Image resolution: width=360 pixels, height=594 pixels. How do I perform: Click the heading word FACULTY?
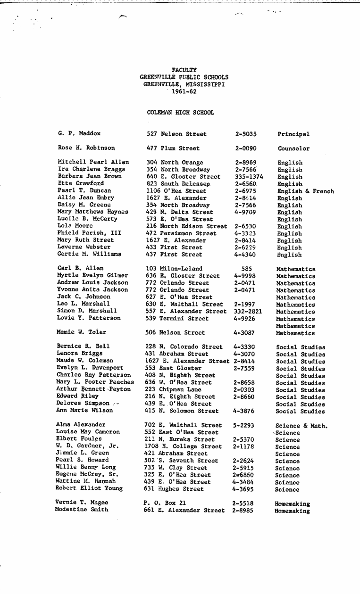(x=184, y=70)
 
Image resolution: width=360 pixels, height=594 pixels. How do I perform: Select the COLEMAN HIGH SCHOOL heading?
(x=180, y=113)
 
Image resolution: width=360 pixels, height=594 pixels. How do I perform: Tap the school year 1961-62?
(x=184, y=91)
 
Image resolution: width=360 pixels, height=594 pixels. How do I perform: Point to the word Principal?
(x=293, y=134)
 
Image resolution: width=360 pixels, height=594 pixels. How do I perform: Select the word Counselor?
(x=293, y=148)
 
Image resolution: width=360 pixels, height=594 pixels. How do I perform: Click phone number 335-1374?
(x=249, y=177)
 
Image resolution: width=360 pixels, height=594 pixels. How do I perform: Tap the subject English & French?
(x=305, y=191)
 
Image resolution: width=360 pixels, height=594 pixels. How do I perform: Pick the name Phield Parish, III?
(x=89, y=233)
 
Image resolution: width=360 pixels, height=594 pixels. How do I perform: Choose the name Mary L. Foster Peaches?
(x=95, y=382)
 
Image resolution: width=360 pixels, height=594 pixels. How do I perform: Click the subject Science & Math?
(x=301, y=426)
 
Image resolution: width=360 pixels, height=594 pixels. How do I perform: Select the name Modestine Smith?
(x=82, y=510)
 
